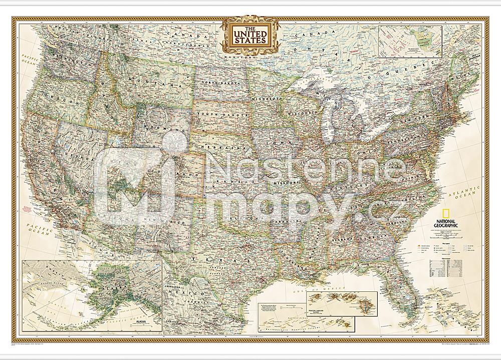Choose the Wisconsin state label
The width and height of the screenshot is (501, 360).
point(303,114)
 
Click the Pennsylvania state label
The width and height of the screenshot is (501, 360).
point(404,143)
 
